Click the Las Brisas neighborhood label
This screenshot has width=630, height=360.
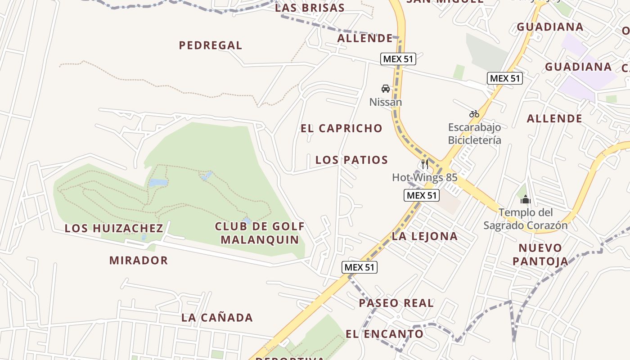coord(310,8)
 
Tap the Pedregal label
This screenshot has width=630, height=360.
coord(211,45)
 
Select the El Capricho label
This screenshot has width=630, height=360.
coord(342,128)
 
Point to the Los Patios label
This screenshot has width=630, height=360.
coord(351,160)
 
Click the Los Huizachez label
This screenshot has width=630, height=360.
coord(114,228)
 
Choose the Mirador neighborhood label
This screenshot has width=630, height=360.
coord(139,260)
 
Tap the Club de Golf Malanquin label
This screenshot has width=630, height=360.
coord(260,233)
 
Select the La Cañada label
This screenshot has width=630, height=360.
coord(217,318)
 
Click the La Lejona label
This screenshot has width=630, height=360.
coord(424,236)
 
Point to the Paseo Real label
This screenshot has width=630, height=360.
coord(396,303)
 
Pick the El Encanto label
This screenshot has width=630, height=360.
coord(384,334)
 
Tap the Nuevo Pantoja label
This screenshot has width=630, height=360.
coord(540,254)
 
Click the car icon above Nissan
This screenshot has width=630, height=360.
coord(385,89)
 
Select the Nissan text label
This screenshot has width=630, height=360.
coord(385,102)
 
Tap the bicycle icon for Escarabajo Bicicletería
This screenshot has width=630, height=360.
coord(474,114)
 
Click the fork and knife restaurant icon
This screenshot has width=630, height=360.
coord(424,164)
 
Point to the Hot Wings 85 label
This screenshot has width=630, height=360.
coord(424,177)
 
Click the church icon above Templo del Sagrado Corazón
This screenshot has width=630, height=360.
coord(525,199)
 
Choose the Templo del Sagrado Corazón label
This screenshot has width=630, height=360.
coord(525,219)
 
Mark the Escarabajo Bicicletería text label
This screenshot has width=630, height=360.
coord(474,134)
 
